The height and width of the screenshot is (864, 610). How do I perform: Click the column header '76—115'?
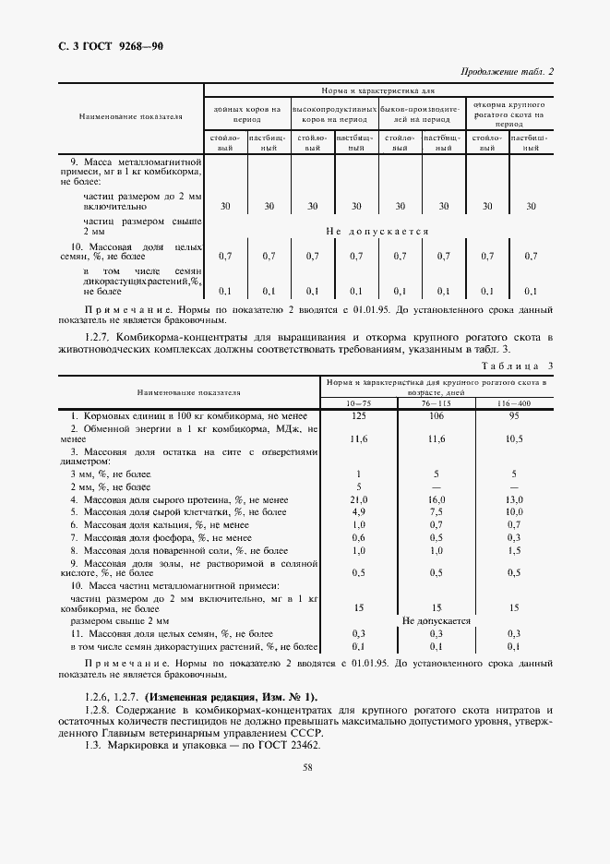click(437, 404)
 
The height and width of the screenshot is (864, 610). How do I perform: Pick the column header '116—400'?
click(514, 404)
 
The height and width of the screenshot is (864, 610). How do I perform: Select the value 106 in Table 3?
click(437, 416)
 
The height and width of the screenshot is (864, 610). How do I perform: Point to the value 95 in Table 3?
click(514, 416)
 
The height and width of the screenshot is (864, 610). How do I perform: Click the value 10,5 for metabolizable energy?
click(514, 439)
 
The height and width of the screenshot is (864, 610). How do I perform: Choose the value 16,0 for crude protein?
click(437, 498)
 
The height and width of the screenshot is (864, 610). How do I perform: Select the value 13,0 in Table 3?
click(514, 498)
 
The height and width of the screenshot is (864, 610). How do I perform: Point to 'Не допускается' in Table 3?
click(437, 621)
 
